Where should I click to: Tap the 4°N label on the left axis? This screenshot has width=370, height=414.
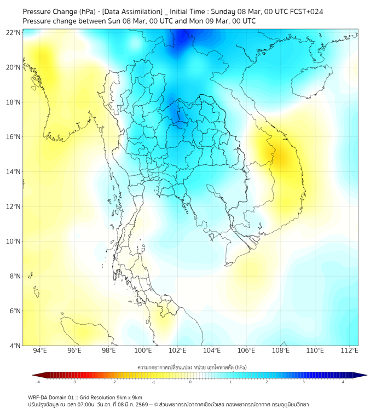pyautogui.click(x=15, y=346)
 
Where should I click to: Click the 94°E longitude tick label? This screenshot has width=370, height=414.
pyautogui.click(x=40, y=350)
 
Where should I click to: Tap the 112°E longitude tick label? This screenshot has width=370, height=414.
pyautogui.click(x=349, y=350)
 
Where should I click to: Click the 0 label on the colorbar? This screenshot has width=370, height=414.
pyautogui.click(x=190, y=382)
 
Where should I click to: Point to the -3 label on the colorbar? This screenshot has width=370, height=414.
pyautogui.click(x=74, y=382)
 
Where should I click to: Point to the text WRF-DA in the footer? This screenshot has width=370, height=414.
pyautogui.click(x=40, y=397)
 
